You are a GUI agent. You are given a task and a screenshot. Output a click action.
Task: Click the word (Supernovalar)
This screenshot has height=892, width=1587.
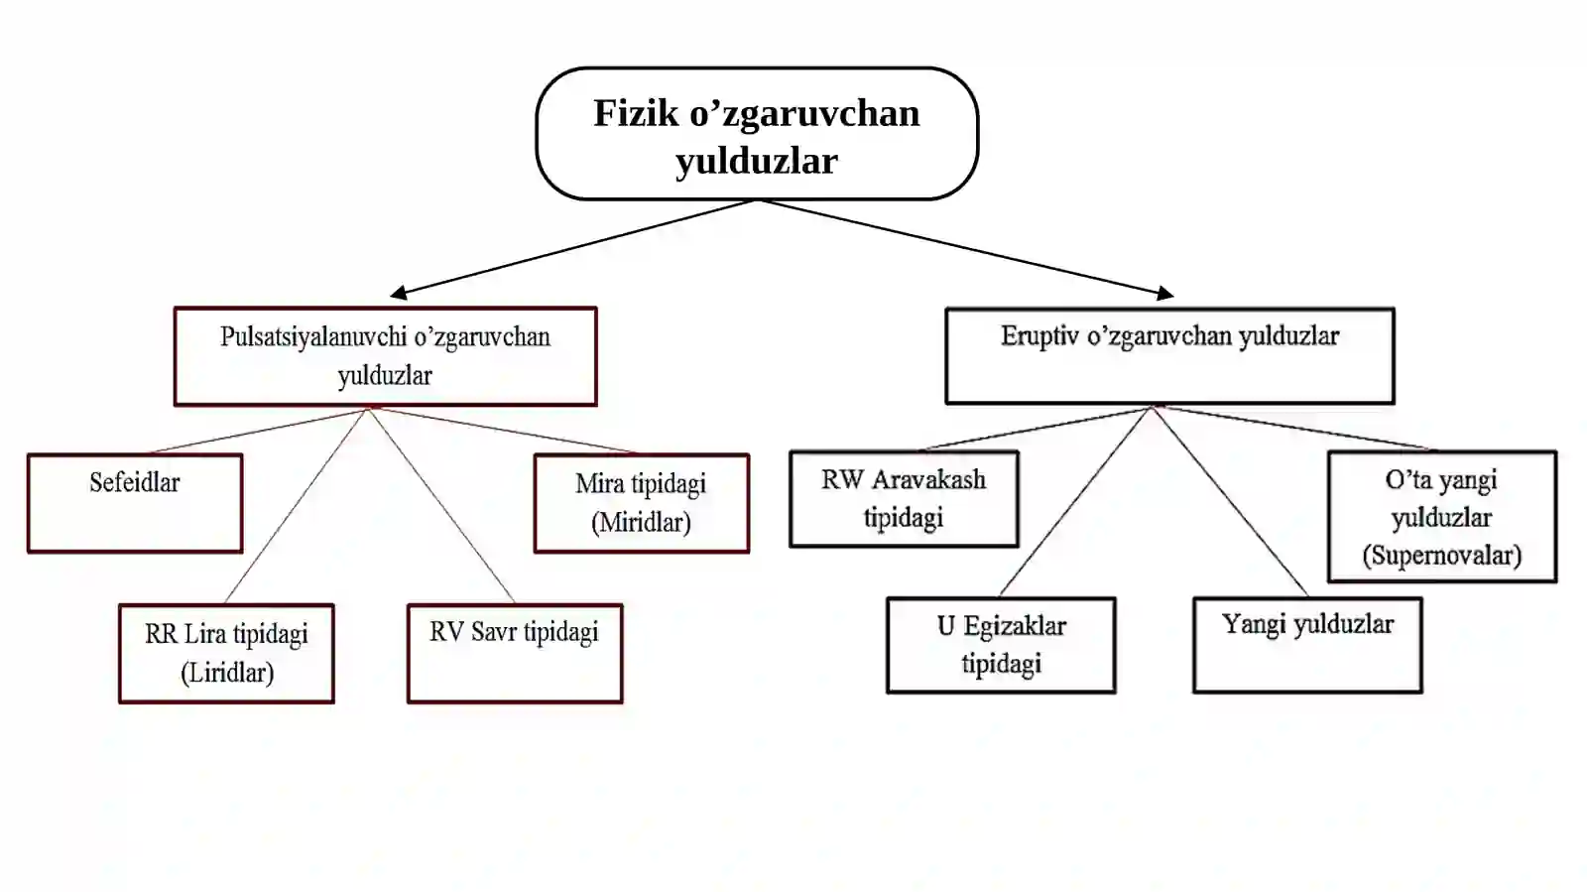(1442, 556)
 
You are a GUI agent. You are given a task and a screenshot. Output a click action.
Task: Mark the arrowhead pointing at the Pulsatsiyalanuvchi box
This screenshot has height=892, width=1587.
(399, 293)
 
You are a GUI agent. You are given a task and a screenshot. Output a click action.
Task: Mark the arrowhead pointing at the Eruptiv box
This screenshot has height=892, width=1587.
(1165, 293)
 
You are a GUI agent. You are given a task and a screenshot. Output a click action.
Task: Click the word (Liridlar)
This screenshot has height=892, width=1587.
(227, 673)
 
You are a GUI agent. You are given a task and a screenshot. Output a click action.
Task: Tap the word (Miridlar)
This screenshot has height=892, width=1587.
(641, 523)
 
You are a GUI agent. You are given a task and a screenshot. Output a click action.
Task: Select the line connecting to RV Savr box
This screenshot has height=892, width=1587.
(441, 505)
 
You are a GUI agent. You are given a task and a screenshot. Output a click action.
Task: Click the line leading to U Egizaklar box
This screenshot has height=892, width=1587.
(1075, 502)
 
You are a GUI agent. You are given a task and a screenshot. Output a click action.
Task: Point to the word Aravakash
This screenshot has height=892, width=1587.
(928, 479)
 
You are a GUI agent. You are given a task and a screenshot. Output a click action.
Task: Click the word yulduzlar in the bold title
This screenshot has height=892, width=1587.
(757, 162)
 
